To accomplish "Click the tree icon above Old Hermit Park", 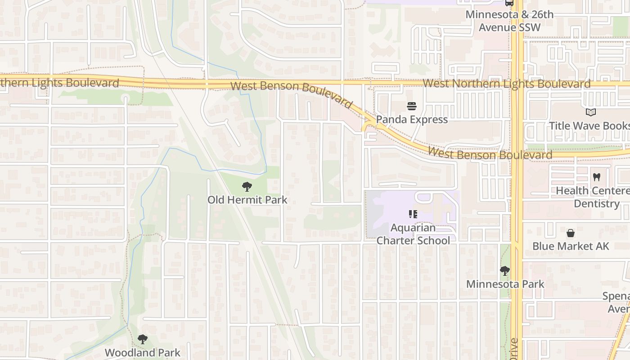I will (x=247, y=186).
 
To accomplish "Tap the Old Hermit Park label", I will (x=247, y=199).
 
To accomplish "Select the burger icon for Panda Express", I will (x=412, y=106).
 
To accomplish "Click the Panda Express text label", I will (x=412, y=119).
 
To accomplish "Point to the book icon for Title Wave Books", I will (x=590, y=112).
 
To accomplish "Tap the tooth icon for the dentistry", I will (x=597, y=177).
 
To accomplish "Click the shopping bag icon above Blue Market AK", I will (x=571, y=233).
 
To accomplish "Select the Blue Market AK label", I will (x=571, y=246).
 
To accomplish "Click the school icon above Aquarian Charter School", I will (x=413, y=214).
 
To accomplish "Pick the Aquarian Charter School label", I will (x=413, y=234).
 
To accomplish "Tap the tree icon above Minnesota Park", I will (x=505, y=271).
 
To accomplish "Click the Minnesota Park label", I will (x=505, y=284).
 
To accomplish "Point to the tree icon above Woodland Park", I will (x=143, y=339).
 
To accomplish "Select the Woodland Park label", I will (x=143, y=352).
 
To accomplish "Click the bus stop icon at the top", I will (x=509, y=3).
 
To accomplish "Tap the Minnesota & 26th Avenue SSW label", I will (x=509, y=21).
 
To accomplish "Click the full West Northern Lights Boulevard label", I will (x=507, y=84).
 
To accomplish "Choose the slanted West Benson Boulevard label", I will (x=292, y=94).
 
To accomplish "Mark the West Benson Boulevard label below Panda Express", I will (x=490, y=154).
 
